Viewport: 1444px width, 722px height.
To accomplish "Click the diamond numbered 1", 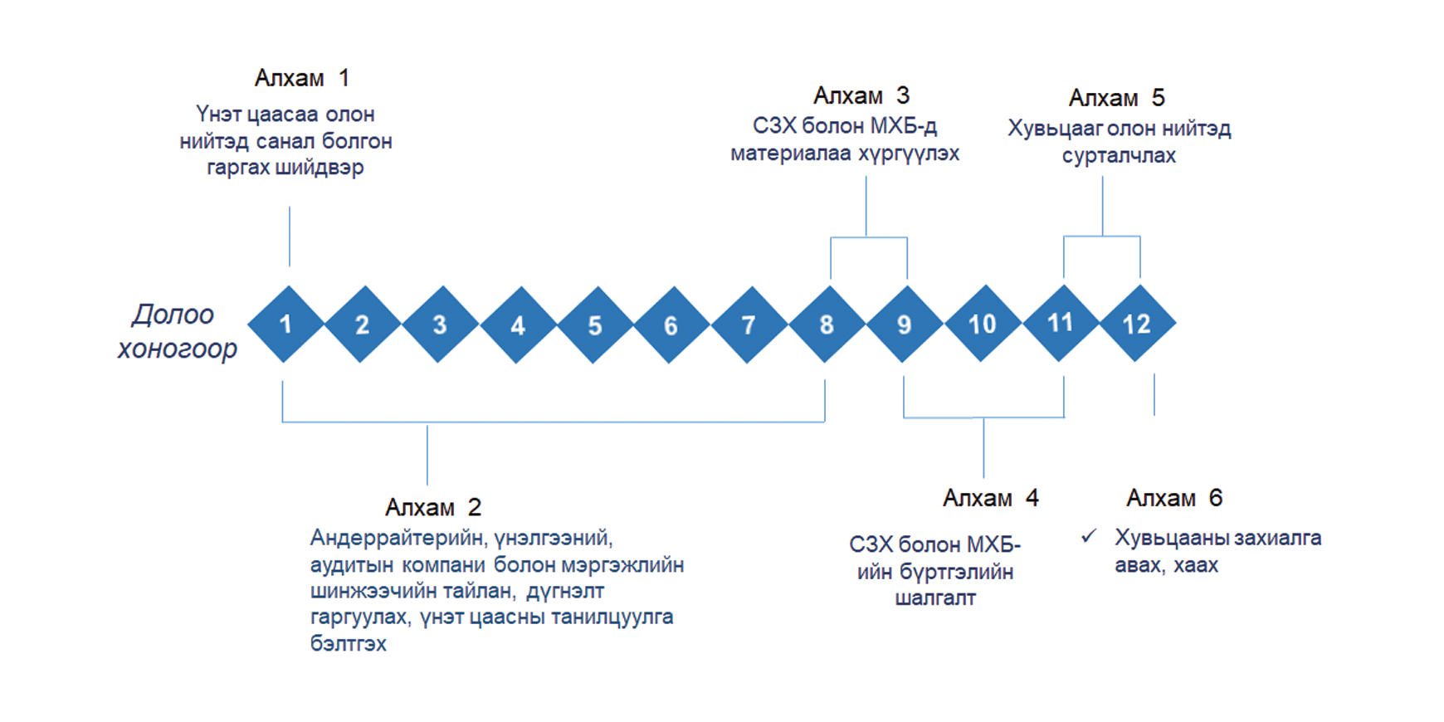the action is [285, 324].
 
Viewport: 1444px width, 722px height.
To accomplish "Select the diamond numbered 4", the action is [518, 324].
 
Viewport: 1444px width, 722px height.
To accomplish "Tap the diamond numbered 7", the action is [749, 324].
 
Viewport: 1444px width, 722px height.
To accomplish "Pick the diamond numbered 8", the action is [827, 324].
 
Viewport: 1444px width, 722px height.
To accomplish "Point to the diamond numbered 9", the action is [905, 324].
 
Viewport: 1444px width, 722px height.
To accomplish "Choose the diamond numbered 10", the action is [983, 324].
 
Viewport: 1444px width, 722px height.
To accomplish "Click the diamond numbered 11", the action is [1061, 323].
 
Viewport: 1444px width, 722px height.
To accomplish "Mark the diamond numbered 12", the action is [1137, 323].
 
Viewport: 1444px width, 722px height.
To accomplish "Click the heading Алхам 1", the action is [301, 78].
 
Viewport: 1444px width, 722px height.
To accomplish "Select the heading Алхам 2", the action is [433, 507].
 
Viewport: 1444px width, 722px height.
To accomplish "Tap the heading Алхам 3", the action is [861, 95].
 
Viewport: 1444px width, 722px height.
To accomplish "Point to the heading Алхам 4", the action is [991, 498].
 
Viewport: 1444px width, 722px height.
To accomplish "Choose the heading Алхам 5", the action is [1117, 98].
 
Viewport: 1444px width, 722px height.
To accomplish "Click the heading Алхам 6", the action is [1174, 498].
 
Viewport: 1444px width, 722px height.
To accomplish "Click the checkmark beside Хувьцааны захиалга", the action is [1089, 537].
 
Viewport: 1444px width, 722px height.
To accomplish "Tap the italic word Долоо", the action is [173, 315].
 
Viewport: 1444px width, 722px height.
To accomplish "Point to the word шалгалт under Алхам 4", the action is [935, 598].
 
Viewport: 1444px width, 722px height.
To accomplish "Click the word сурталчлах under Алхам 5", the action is [1119, 156].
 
